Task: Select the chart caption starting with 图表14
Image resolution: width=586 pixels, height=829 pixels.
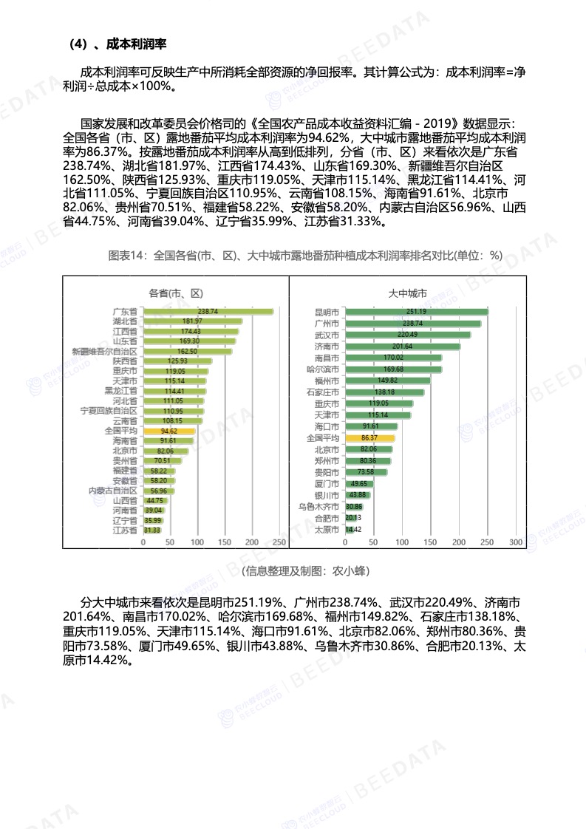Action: (x=304, y=256)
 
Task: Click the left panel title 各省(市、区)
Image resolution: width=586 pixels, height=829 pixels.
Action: (x=176, y=293)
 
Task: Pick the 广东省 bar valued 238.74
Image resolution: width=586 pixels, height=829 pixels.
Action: (x=208, y=312)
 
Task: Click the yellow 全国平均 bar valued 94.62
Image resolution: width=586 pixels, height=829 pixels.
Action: (x=168, y=430)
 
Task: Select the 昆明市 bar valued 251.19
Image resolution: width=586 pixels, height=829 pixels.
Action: (x=416, y=312)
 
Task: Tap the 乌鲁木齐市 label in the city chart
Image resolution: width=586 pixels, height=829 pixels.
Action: (x=318, y=507)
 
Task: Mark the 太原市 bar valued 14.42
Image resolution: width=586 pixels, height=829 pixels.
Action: (x=350, y=530)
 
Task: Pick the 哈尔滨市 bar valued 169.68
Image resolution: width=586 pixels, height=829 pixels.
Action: (x=393, y=369)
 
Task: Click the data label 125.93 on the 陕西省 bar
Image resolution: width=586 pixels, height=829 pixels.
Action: (x=178, y=361)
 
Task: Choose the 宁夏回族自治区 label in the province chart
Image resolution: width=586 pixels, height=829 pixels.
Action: (x=109, y=410)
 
